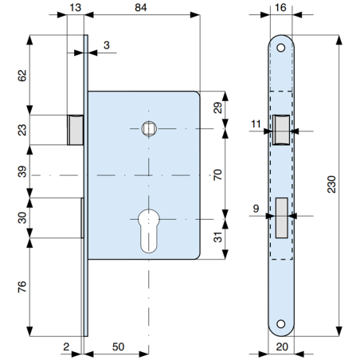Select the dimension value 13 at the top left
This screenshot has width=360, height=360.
click(76, 6)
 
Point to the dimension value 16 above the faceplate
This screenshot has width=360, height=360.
click(280, 6)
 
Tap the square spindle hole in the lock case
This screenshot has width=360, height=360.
click(148, 127)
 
